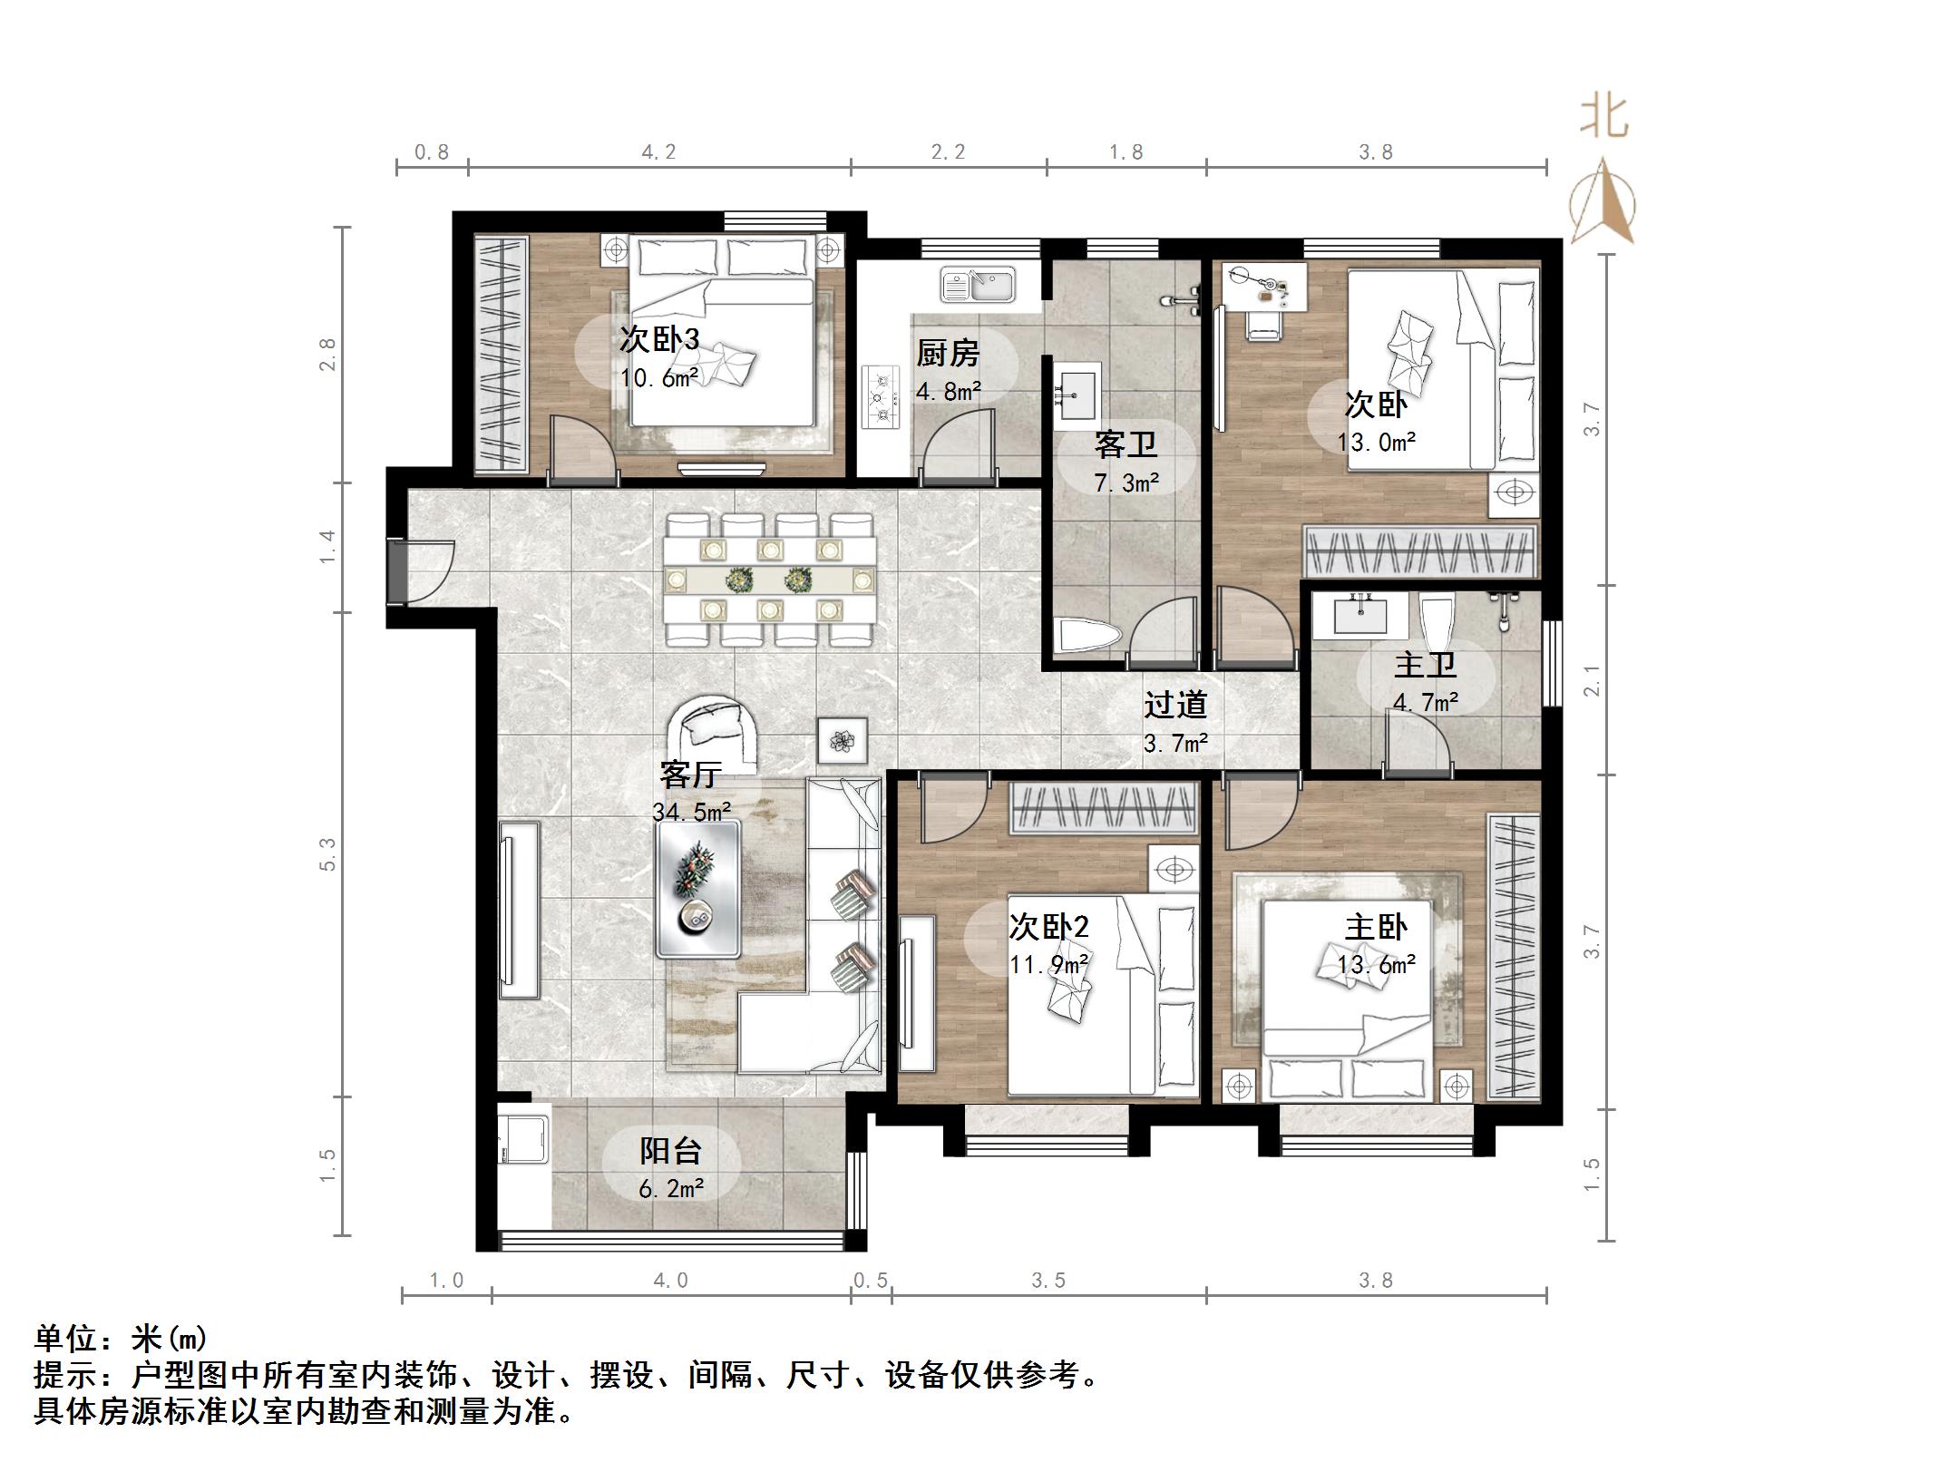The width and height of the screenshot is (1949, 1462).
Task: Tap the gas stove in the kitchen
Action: pos(879,397)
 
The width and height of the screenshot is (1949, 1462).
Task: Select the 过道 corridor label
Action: pos(1174,705)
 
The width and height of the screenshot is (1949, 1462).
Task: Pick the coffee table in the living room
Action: pos(697,888)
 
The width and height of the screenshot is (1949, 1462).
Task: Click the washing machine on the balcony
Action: pos(523,1134)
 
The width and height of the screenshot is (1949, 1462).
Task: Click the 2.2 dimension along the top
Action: pos(948,152)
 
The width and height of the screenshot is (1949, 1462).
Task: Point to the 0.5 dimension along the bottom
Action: pos(870,1281)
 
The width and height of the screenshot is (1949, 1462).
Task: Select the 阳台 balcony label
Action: pos(670,1151)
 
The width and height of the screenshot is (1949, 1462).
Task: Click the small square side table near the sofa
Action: pos(843,740)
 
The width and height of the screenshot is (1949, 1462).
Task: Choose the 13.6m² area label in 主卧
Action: pos(1376,965)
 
